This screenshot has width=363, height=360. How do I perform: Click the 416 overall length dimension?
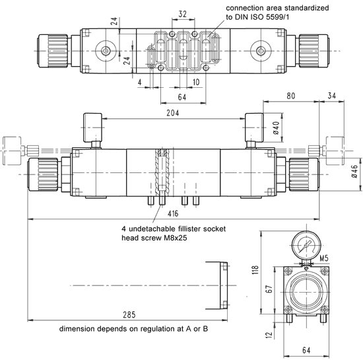pyautogui.click(x=173, y=213)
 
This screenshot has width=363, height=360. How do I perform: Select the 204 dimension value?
pyautogui.click(x=173, y=113)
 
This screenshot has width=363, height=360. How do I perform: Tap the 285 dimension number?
pyautogui.click(x=129, y=314)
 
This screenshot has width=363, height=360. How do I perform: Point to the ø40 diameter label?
pyautogui.click(x=276, y=128)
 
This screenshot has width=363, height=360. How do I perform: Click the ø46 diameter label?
pyautogui.click(x=354, y=171)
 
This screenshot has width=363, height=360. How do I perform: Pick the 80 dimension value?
pyautogui.click(x=291, y=96)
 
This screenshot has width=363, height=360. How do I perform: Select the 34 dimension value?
pyautogui.click(x=332, y=95)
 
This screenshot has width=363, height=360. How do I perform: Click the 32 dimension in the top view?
pyautogui.click(x=182, y=14)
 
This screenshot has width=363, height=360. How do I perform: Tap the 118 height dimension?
pyautogui.click(x=255, y=270)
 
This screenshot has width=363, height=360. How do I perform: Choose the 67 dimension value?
pyautogui.click(x=269, y=289)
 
